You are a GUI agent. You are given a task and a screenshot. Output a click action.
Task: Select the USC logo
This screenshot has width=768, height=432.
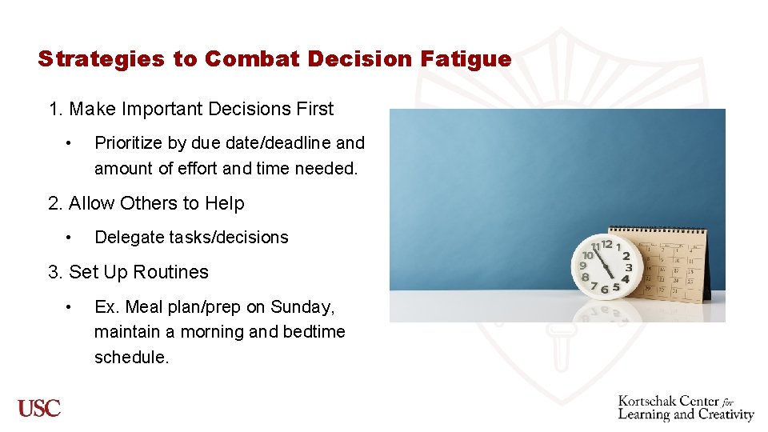click(x=40, y=408)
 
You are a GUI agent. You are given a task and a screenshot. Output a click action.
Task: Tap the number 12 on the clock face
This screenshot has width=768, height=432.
click(x=607, y=243)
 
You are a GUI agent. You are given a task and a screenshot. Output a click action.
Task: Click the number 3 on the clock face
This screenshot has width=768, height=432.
click(x=629, y=267)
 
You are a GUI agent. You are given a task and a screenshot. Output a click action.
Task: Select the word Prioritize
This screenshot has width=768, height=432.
click(x=128, y=143)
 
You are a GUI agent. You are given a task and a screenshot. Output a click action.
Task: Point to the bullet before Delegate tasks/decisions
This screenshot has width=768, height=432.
click(x=71, y=238)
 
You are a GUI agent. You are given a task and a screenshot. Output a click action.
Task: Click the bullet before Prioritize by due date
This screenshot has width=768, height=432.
click(x=71, y=143)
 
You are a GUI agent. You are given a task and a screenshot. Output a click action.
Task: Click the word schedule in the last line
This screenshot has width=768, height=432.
click(x=131, y=358)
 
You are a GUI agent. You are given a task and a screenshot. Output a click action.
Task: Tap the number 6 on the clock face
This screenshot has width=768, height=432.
click(x=606, y=288)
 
